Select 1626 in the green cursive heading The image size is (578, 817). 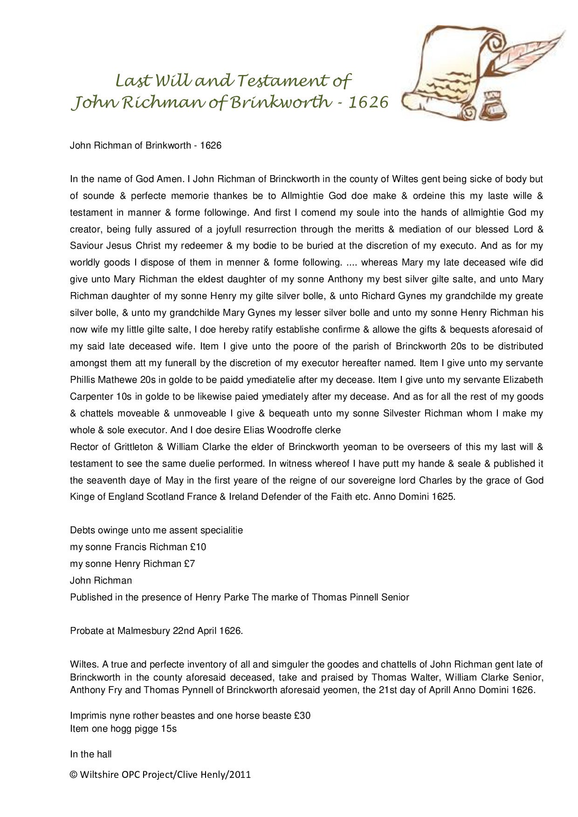pos(368,102)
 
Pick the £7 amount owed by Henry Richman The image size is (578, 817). pos(189,564)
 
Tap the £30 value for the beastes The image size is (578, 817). pos(302,715)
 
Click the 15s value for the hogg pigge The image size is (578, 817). pos(169,728)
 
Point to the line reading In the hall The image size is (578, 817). pos(91,754)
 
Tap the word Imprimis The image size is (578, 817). pos(87,715)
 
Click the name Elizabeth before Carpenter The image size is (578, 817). pos(523,380)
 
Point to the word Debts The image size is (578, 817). pos(82,530)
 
